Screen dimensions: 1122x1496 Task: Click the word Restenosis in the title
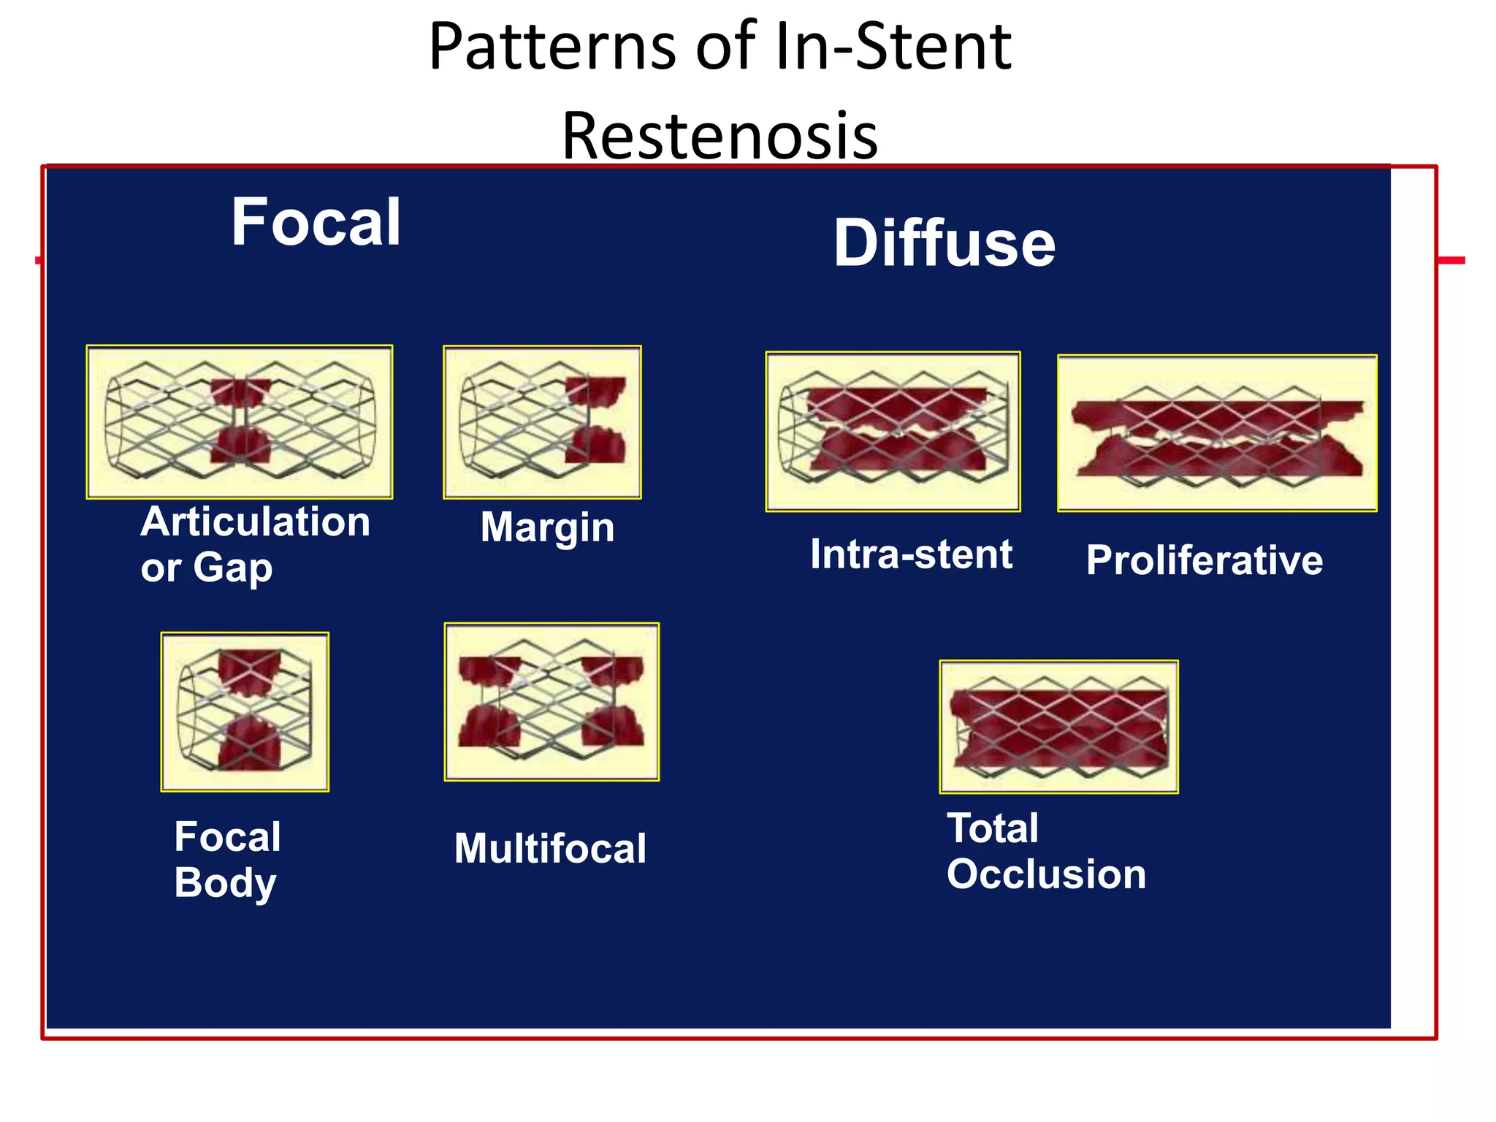pos(720,137)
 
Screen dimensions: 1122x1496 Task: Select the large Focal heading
pos(316,222)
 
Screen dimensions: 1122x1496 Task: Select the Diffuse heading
pos(944,243)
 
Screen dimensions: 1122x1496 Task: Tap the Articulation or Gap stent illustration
pos(240,422)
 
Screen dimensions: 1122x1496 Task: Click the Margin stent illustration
pos(542,422)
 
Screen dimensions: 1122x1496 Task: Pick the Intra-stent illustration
pos(893,432)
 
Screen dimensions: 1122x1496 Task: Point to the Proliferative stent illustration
pos(1217,433)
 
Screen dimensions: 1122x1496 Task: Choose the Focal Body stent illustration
pos(245,711)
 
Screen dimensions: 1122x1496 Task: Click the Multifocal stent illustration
pos(552,702)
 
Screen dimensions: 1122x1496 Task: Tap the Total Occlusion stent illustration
pos(1058,727)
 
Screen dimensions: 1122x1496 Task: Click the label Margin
pos(547,527)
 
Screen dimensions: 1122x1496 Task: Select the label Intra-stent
pos(911,554)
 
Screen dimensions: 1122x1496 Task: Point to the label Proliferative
pos(1204,561)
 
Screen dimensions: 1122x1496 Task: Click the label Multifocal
pos(550,849)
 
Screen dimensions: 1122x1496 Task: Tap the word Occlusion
pos(1046,874)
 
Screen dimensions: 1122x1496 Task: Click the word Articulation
pos(256,522)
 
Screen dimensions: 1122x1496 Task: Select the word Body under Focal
pos(225,882)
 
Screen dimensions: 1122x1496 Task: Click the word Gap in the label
pos(232,568)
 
